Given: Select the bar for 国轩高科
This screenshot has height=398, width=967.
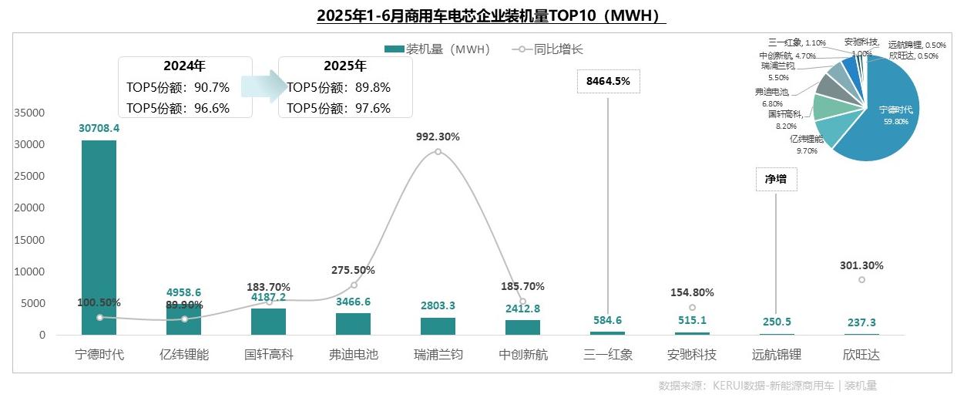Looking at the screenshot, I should (269, 322).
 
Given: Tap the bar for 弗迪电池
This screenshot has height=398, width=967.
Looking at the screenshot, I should (354, 324).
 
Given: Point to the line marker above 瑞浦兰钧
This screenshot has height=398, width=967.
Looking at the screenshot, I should (438, 151).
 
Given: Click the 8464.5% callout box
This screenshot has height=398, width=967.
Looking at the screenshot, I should (608, 81).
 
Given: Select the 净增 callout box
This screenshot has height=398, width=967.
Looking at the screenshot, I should (776, 179).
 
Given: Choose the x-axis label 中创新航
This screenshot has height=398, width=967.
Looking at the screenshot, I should (522, 356).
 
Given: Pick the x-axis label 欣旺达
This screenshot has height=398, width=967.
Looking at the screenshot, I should (861, 356).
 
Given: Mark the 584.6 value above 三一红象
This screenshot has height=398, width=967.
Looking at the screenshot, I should (607, 321).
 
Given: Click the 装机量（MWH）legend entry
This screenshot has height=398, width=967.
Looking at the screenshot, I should (439, 49).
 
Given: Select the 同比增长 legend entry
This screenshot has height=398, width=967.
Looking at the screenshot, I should (549, 49).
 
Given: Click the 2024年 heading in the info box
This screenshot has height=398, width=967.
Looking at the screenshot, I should (184, 66).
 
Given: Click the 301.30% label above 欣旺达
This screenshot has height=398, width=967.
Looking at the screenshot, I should (861, 265).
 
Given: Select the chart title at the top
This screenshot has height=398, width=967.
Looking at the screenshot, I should (492, 15).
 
